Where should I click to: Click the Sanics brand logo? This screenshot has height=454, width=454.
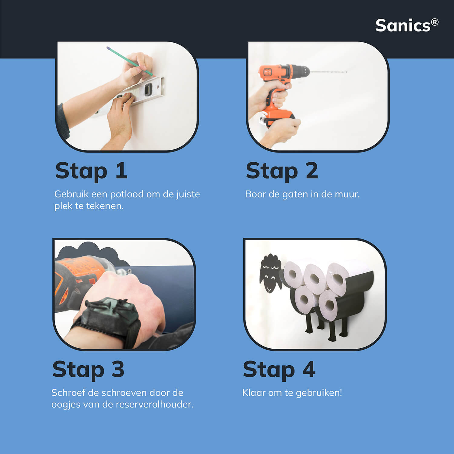point(407,25)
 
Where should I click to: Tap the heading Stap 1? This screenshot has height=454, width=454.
point(91,171)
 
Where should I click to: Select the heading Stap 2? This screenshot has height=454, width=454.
point(282,171)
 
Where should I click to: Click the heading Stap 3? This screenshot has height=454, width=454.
point(88,370)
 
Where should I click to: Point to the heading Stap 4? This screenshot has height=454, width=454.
point(279,370)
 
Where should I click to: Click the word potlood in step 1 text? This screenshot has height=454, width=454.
point(127,194)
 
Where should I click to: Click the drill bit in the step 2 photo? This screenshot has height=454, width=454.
point(328,72)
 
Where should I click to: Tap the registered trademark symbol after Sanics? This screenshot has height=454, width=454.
point(435,22)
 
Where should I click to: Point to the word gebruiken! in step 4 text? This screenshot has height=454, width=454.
point(319,393)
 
